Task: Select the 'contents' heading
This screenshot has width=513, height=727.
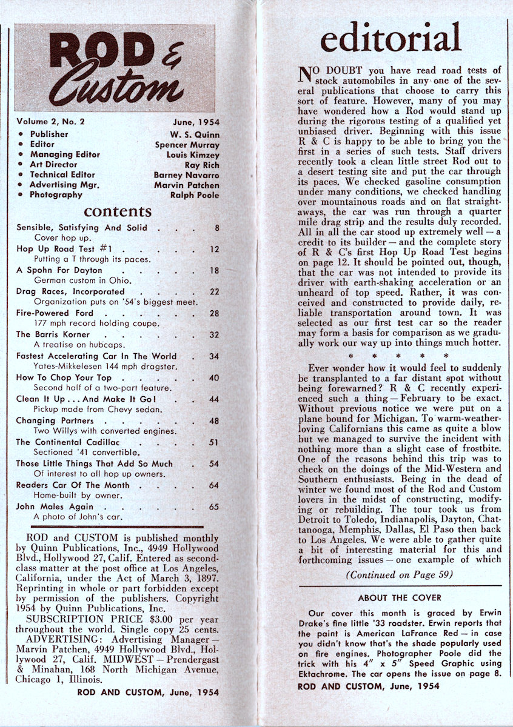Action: point(118,211)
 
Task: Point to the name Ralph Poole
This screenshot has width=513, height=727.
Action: point(195,195)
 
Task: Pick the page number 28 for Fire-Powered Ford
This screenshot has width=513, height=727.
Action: point(213,313)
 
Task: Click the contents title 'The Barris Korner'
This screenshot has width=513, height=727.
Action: point(53,334)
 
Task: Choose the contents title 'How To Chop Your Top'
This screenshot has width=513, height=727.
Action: point(60,377)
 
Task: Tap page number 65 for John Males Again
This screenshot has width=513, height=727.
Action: point(213,506)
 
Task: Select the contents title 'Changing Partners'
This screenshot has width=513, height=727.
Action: point(55,420)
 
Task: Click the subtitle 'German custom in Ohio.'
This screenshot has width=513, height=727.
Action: point(83,281)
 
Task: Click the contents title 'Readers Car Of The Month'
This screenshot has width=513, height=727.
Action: point(73,485)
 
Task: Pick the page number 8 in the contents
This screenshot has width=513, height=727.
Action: point(215,228)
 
